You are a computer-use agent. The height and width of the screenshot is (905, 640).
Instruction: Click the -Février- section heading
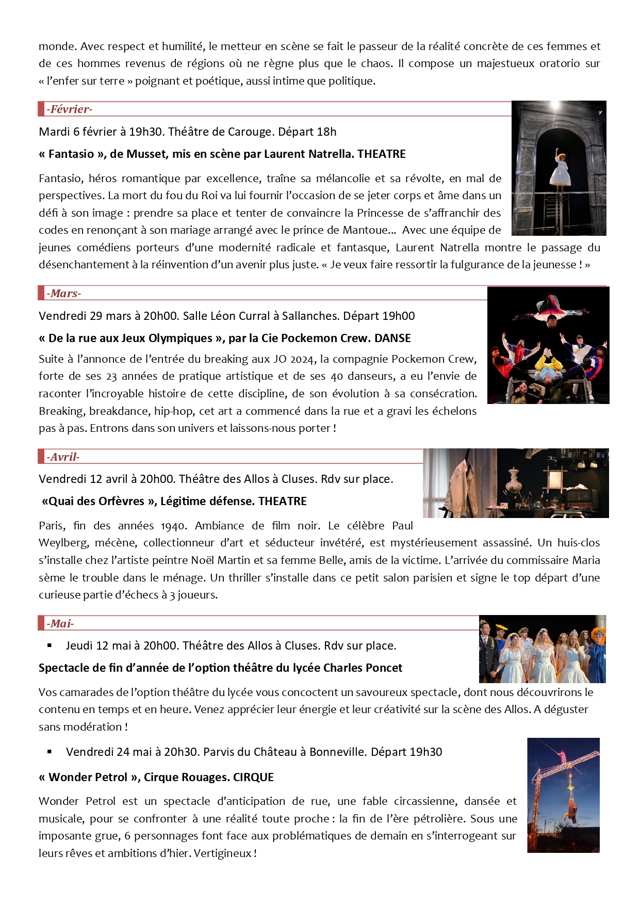click(x=69, y=109)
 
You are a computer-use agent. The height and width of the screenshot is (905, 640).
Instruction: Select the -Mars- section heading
click(x=63, y=294)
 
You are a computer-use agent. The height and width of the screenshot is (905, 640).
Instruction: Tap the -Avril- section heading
click(x=63, y=457)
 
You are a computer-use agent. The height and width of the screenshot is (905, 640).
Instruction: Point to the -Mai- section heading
click(x=60, y=624)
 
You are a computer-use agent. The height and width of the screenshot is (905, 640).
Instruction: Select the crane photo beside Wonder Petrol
click(x=563, y=795)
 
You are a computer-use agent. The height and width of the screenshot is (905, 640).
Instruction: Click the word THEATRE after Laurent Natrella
click(x=381, y=154)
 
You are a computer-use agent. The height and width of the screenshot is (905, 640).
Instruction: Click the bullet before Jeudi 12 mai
click(x=50, y=645)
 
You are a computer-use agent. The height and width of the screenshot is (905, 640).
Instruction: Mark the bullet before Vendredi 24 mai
click(x=50, y=752)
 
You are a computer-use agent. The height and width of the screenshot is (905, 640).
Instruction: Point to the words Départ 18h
click(x=307, y=132)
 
